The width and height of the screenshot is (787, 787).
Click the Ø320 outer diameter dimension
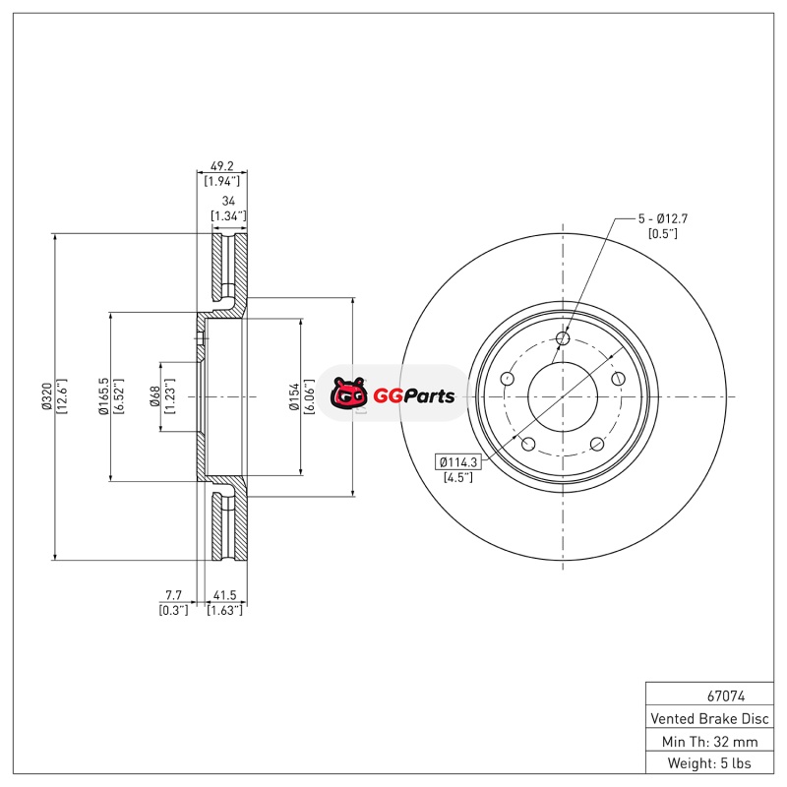tap(46, 396)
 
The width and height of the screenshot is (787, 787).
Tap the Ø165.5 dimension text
tap(103, 396)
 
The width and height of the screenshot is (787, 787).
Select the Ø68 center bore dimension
tap(155, 396)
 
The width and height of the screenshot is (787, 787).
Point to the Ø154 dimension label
tap(294, 396)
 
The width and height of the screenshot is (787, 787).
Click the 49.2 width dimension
tap(222, 165)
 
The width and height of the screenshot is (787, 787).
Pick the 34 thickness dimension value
tap(228, 201)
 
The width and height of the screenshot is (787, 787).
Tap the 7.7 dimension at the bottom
tap(174, 595)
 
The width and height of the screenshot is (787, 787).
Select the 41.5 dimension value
tap(225, 595)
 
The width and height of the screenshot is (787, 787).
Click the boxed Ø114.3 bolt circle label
tap(457, 461)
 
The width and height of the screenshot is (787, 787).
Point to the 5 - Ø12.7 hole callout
tap(662, 218)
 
